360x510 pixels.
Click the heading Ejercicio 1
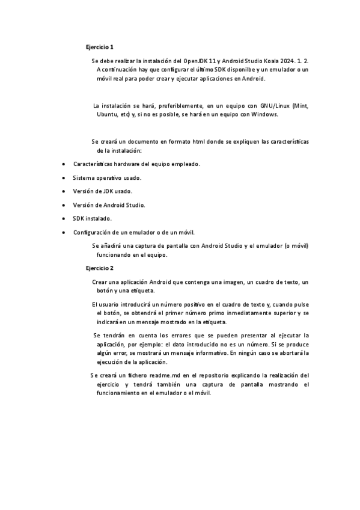coord(99,46)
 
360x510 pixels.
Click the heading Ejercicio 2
coord(99,268)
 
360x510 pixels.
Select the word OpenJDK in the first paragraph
coord(196,61)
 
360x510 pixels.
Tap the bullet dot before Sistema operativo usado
coord(64,178)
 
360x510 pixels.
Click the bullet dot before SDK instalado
coord(64,218)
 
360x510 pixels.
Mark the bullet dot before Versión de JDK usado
coord(64,191)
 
